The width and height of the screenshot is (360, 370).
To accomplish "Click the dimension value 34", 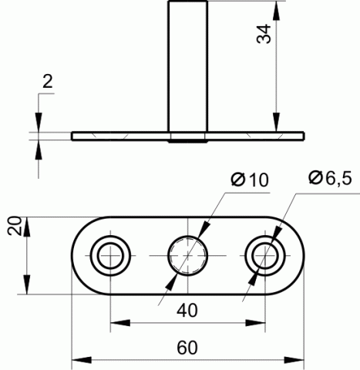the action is [x=264, y=34].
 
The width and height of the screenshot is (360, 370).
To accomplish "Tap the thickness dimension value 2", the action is [x=48, y=82].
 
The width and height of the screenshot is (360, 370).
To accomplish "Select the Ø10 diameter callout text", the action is [x=250, y=180].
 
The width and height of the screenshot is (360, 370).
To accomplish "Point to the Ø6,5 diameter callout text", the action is [x=330, y=177].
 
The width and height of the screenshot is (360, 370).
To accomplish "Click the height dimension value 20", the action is [x=15, y=226].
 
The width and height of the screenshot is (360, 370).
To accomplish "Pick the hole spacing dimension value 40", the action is [x=187, y=310].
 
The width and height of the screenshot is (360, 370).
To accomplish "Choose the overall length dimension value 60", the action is [x=187, y=348].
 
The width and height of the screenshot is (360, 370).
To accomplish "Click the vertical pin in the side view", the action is [x=187, y=66].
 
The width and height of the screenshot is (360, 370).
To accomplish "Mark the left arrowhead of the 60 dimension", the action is [x=82, y=360].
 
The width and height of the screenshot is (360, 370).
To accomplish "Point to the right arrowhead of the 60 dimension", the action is [x=294, y=360].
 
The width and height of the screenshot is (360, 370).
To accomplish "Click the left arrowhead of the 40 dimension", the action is [x=120, y=323].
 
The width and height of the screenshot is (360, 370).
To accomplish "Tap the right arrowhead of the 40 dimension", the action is [x=255, y=323].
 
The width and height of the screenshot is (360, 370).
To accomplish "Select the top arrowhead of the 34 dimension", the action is [x=276, y=11].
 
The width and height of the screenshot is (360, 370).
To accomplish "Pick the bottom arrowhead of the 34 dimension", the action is [x=276, y=123].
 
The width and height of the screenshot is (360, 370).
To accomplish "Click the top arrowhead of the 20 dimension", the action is [x=27, y=227].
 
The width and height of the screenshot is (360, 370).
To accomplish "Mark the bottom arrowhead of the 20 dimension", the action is [x=27, y=284].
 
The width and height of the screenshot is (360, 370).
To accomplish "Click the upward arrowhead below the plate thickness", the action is [x=39, y=150].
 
